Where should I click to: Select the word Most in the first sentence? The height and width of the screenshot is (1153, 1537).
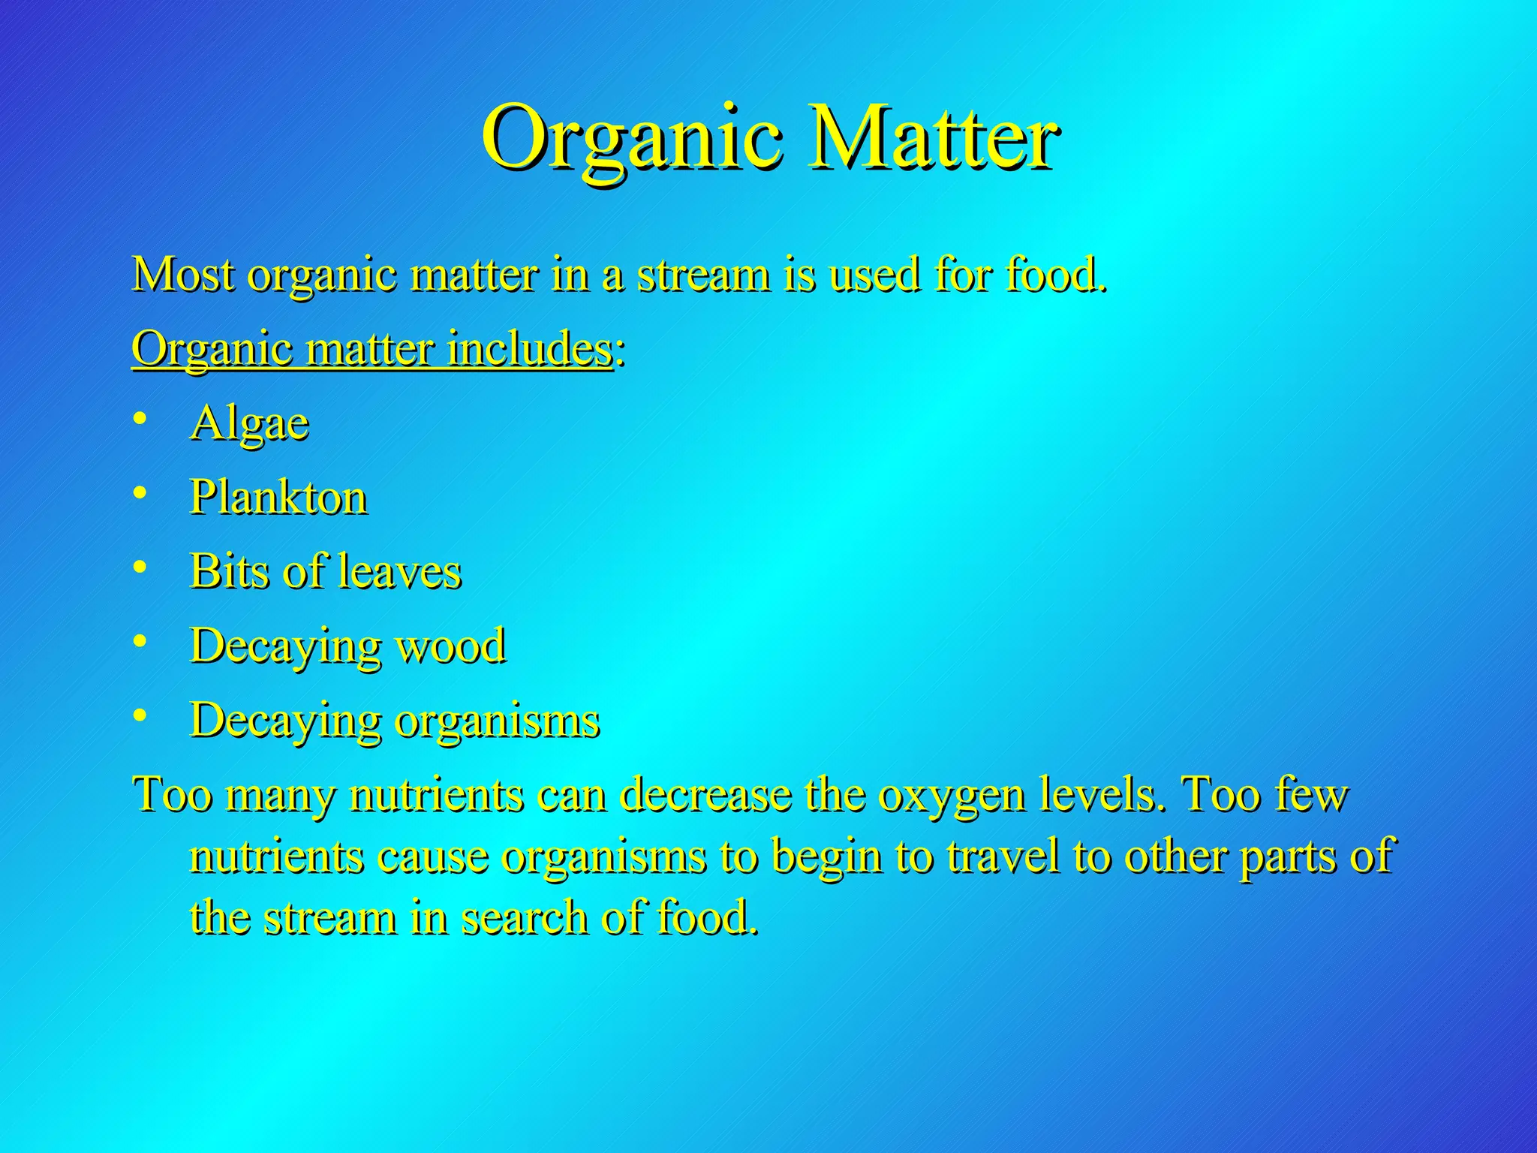[183, 275]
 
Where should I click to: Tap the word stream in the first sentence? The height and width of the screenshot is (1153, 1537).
[703, 276]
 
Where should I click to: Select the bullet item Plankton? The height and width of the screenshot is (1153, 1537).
[278, 498]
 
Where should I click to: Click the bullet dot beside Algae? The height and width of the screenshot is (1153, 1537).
[140, 419]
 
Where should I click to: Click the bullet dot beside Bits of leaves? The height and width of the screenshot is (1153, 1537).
[140, 567]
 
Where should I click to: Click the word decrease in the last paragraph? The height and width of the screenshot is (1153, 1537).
[706, 796]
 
